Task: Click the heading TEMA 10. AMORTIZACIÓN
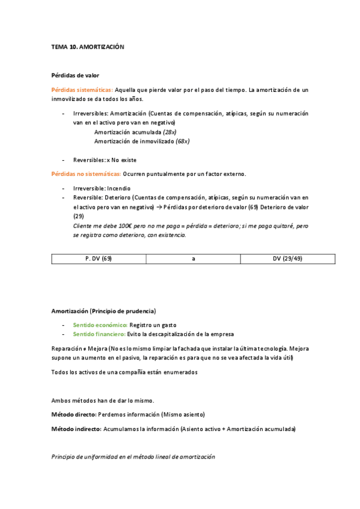pyautogui.click(x=87, y=46)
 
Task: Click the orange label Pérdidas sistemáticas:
pyautogui.click(x=82, y=90)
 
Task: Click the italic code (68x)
pyautogui.click(x=183, y=141)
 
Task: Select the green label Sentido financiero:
pyautogui.click(x=99, y=334)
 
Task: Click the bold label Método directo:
pyautogui.click(x=73, y=415)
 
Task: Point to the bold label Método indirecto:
pyautogui.click(x=76, y=429)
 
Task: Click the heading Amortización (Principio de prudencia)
pyautogui.click(x=103, y=311)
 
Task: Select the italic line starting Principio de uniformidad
pyautogui.click(x=133, y=457)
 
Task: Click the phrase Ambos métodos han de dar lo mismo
pyautogui.click(x=102, y=400)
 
